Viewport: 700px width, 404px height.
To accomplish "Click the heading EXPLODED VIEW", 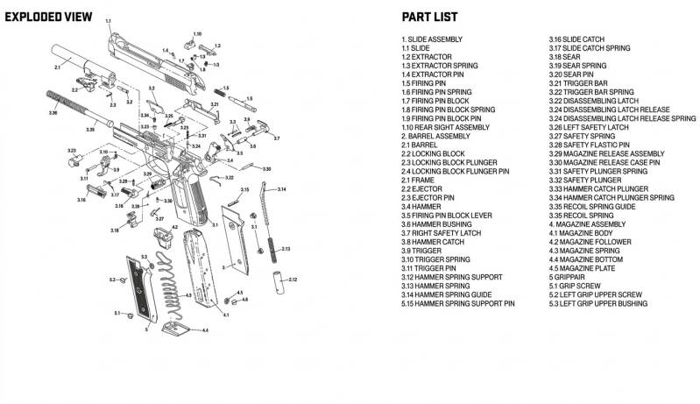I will pos(45,17).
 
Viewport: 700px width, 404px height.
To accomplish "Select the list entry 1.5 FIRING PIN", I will pos(423,83).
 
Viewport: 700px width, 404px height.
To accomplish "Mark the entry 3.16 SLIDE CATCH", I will pos(576,39).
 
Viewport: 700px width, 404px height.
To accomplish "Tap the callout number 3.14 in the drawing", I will pos(281,189).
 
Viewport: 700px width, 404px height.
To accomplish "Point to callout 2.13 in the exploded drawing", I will pos(285,250).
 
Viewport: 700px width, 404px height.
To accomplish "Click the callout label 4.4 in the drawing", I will pos(205,330).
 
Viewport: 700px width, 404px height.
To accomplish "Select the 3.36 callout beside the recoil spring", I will pos(53,113).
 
